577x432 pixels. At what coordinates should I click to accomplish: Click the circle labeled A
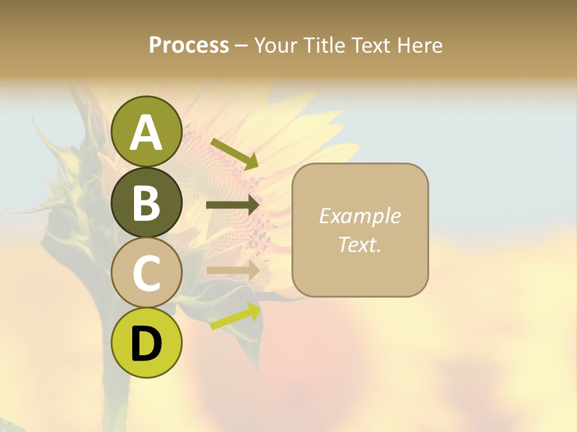click(147, 131)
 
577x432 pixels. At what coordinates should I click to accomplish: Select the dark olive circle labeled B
click(147, 202)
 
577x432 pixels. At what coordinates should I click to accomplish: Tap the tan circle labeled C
click(147, 272)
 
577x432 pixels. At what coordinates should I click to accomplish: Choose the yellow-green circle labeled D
click(147, 343)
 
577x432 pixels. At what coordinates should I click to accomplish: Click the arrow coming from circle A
click(234, 154)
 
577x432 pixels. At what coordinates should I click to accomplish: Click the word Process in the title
click(189, 45)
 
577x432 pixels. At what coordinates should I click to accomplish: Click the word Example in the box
click(359, 216)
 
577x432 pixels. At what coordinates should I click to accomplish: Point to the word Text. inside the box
click(359, 245)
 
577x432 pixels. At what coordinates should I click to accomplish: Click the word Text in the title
click(371, 45)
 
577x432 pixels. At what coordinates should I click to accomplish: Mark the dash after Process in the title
click(242, 46)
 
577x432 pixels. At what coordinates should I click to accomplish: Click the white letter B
click(147, 203)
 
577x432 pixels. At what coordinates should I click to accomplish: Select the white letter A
click(147, 132)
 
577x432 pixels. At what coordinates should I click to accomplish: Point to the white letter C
click(147, 273)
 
